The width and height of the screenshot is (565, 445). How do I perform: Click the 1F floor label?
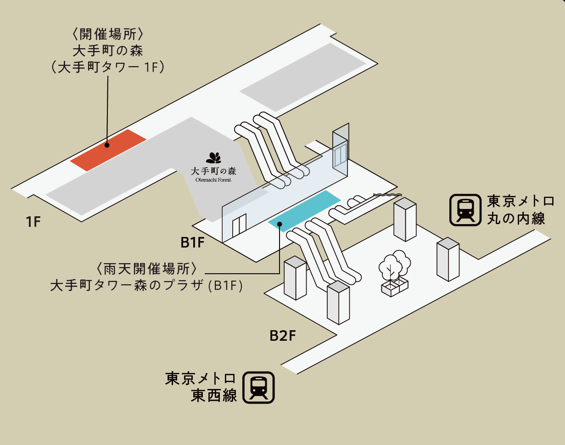34,222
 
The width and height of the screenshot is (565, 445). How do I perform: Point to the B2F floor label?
282,336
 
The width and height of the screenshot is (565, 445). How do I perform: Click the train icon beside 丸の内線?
464,210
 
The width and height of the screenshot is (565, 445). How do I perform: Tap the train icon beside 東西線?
258,388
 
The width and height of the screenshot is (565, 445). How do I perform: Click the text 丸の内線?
516,218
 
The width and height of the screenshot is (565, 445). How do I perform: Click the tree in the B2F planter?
394,266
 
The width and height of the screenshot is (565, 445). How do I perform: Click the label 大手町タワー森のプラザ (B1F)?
146,285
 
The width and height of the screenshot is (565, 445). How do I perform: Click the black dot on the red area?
106,145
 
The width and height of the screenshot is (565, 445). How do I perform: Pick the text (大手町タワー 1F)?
108,67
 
